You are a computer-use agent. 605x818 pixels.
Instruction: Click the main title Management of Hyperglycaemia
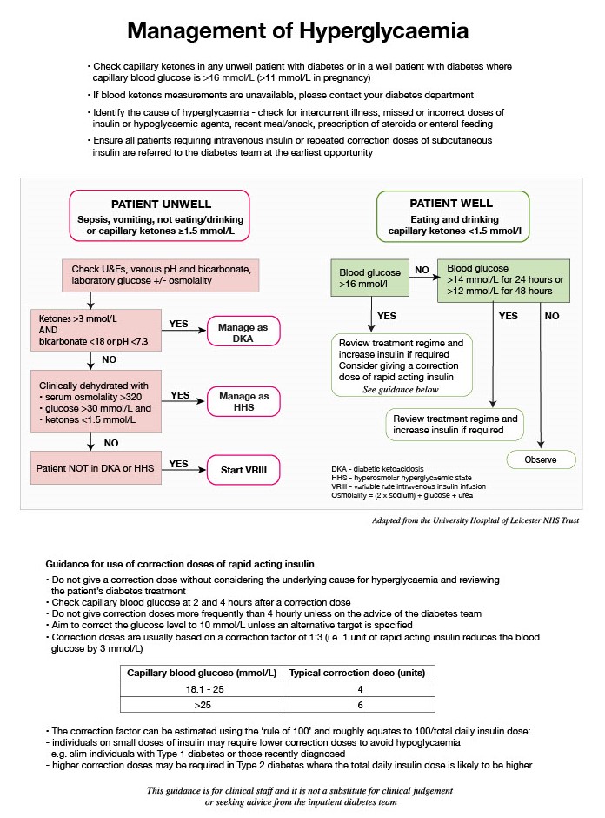[x=298, y=31]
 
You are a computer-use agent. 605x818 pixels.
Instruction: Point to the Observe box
[x=542, y=459]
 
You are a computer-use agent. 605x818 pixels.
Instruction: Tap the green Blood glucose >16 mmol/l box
[x=364, y=278]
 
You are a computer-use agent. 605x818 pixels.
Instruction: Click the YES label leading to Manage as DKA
[x=179, y=324]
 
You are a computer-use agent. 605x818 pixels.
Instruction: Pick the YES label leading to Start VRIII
[x=179, y=464]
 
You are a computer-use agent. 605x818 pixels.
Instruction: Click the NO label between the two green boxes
[x=420, y=271]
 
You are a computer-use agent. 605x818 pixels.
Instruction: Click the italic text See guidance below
[x=401, y=391]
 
